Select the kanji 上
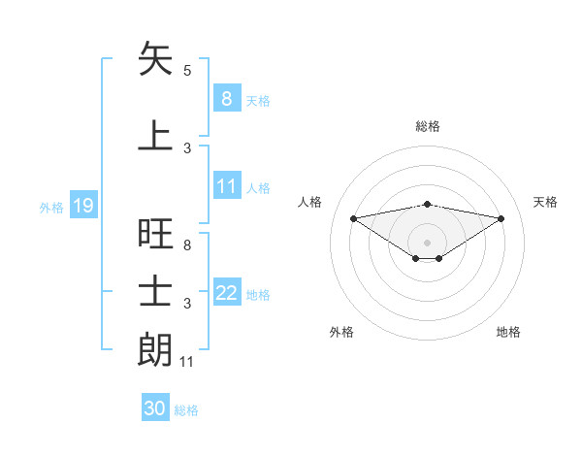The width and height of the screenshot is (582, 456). [x=156, y=135]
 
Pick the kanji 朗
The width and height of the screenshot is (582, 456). [x=156, y=349]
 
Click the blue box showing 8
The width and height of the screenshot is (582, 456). [x=226, y=98]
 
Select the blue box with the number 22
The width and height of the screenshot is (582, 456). [x=227, y=294]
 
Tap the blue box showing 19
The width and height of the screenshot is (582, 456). [x=82, y=206]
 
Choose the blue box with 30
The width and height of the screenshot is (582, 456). [x=155, y=408]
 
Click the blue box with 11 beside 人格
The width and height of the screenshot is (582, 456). [x=227, y=187]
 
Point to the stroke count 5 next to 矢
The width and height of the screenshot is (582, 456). [x=187, y=71]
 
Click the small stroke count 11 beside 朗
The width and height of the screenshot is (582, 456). [x=187, y=362]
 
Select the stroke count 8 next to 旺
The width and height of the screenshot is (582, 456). [x=187, y=245]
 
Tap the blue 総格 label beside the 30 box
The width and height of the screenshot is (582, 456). [x=186, y=410]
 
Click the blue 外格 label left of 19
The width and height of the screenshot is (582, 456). [x=51, y=207]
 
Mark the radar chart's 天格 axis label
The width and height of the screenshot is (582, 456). [x=546, y=202]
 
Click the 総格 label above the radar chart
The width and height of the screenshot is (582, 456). [x=427, y=126]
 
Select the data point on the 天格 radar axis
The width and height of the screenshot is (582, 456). [x=501, y=218]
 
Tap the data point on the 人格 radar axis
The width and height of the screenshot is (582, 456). [x=353, y=217]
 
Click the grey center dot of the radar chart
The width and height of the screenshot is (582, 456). [x=427, y=242]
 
